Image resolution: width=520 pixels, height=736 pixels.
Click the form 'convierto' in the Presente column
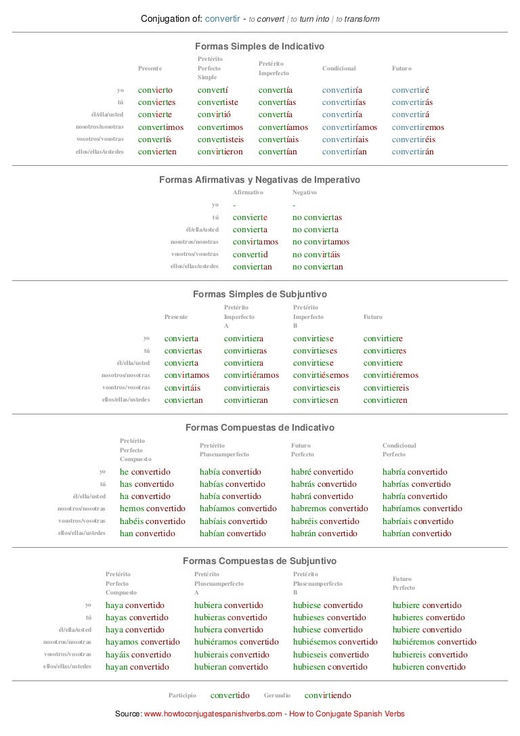pyautogui.click(x=155, y=90)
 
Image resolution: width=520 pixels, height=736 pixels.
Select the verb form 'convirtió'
pyautogui.click(x=215, y=114)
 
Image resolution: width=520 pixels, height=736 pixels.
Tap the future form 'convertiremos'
pyautogui.click(x=418, y=127)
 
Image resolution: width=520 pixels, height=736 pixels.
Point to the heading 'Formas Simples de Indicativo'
pyautogui.click(x=260, y=46)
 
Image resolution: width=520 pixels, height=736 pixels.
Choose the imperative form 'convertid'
pyautogui.click(x=251, y=255)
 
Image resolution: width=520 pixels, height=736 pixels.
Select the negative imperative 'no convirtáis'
pyautogui.click(x=316, y=255)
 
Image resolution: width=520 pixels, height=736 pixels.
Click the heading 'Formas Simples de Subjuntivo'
pyautogui.click(x=260, y=295)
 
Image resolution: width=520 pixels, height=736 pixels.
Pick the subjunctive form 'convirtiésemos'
pyautogui.click(x=321, y=375)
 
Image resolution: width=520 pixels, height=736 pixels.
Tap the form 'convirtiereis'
pyautogui.click(x=386, y=388)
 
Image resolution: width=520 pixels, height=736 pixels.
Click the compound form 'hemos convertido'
pyautogui.click(x=152, y=508)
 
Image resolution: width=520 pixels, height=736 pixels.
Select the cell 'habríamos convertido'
pyautogui.click(x=422, y=508)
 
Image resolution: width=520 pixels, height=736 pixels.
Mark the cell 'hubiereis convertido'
pyautogui.click(x=430, y=655)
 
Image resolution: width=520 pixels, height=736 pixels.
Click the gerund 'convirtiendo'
pyautogui.click(x=328, y=695)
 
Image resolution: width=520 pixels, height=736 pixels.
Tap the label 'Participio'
pyautogui.click(x=182, y=695)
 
